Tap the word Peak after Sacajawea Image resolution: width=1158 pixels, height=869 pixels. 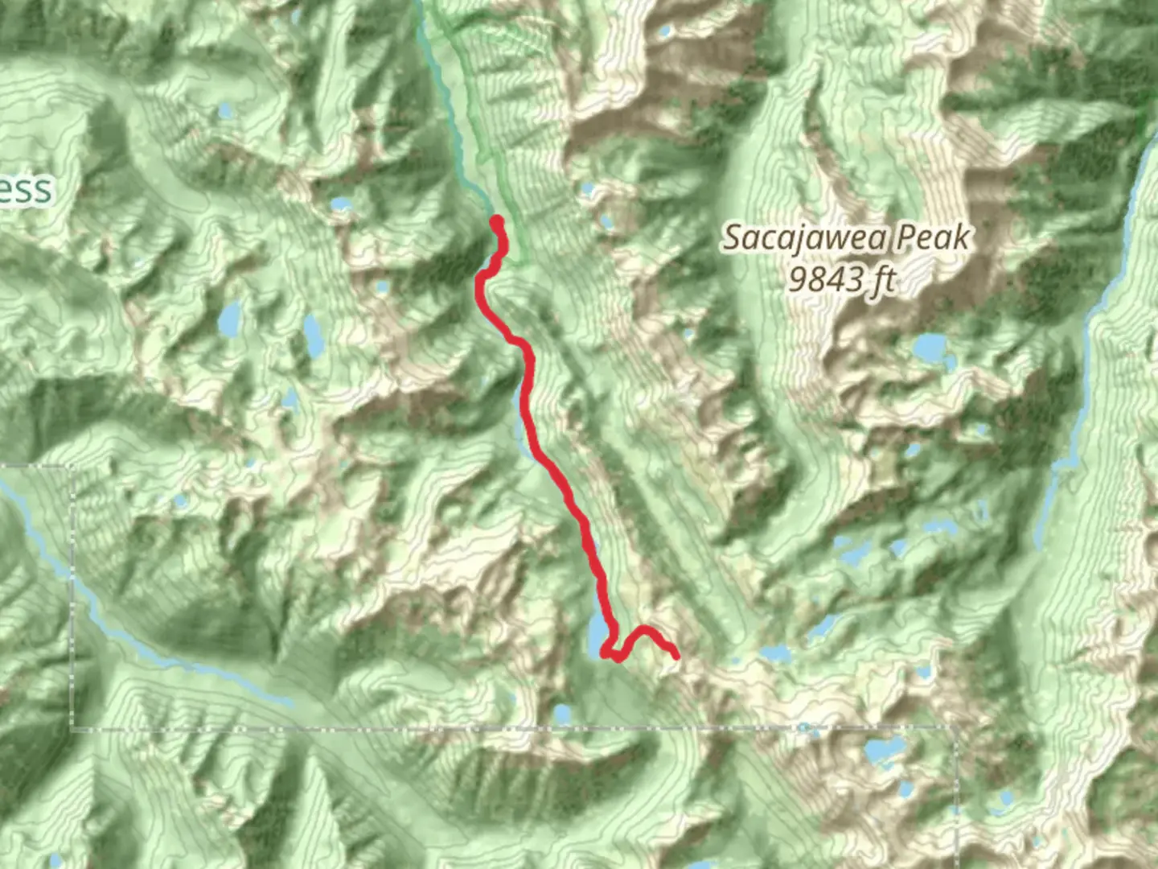pyautogui.click(x=933, y=237)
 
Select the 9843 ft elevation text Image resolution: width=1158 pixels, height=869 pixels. pyautogui.click(x=842, y=280)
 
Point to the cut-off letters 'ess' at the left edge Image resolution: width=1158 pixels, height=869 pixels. pyautogui.click(x=26, y=191)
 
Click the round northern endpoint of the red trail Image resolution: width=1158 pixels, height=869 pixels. pyautogui.click(x=496, y=221)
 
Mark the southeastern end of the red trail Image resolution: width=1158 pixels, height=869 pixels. pyautogui.click(x=675, y=656)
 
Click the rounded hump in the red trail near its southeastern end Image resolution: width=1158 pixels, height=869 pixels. pyautogui.click(x=644, y=629)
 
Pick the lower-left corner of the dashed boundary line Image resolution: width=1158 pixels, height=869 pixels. pyautogui.click(x=73, y=729)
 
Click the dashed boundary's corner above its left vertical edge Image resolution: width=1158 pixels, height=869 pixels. pyautogui.click(x=71, y=467)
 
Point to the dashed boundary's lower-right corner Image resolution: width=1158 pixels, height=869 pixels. pyautogui.click(x=955, y=729)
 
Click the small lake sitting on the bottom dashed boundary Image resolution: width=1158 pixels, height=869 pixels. pyautogui.click(x=803, y=728)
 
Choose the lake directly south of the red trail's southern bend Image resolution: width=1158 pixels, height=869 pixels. pyautogui.click(x=561, y=713)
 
